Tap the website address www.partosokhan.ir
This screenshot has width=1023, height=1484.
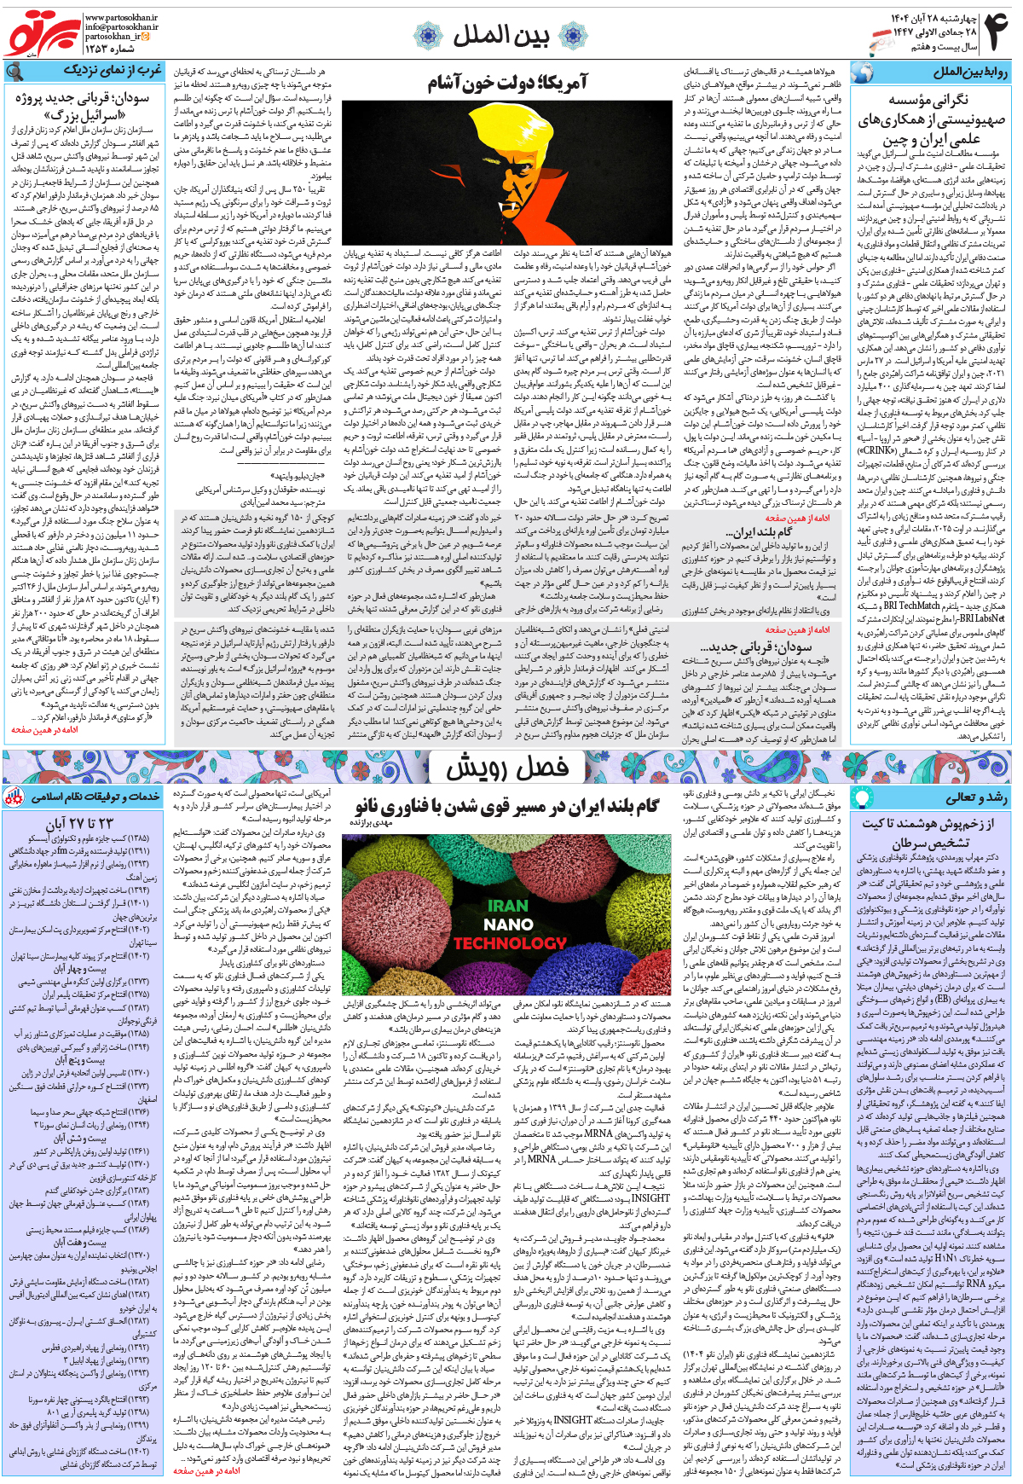pos(121,17)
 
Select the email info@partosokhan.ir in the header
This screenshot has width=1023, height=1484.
pos(121,27)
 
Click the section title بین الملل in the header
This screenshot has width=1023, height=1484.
pos(500,35)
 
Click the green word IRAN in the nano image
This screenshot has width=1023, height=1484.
pos(508,906)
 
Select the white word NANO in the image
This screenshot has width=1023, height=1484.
pos(508,925)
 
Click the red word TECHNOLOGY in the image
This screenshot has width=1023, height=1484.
pos(509,943)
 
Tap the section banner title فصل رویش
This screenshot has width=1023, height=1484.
pos(508,768)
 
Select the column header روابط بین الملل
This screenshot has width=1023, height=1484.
pos(969,72)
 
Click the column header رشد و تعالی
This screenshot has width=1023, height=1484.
pos(976,797)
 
